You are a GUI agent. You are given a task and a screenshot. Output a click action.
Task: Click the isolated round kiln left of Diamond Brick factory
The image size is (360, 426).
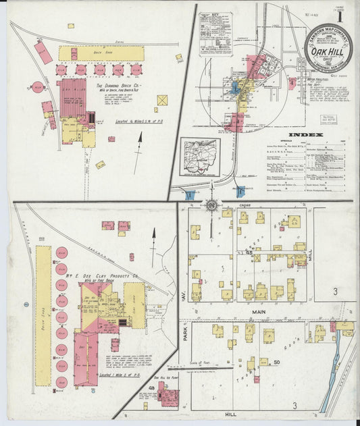[37, 87]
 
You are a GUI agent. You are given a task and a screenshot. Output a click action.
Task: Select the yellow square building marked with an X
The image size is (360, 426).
[162, 100]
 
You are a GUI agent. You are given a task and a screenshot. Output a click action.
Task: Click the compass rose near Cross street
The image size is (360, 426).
[211, 204]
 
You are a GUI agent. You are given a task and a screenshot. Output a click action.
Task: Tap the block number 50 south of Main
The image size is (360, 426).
[277, 363]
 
